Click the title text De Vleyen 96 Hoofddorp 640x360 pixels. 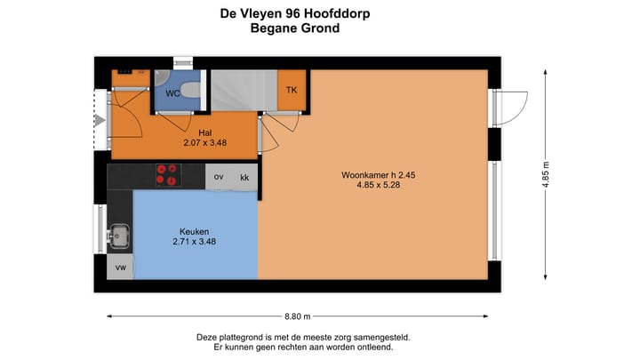click(296, 13)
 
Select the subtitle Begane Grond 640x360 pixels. click(296, 28)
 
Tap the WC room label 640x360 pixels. click(174, 92)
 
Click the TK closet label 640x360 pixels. click(291, 90)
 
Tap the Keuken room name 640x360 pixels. click(193, 231)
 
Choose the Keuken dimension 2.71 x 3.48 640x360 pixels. click(193, 241)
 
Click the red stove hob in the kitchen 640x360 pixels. click(166, 176)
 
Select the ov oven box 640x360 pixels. click(219, 177)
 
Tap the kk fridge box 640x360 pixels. click(244, 177)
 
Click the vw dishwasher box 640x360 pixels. click(119, 267)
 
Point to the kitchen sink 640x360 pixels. click(119, 236)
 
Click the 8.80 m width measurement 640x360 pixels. click(297, 316)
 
